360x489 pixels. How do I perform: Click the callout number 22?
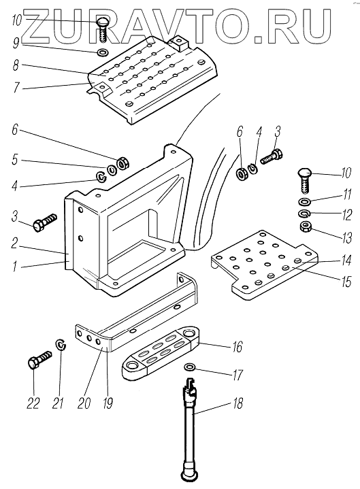pyautogui.click(x=33, y=403)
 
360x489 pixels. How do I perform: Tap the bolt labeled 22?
pyautogui.click(x=39, y=360)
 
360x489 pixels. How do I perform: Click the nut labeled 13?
pyautogui.click(x=304, y=226)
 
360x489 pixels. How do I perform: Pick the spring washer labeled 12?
pyautogui.click(x=303, y=214)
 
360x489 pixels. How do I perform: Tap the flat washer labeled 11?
pyautogui.click(x=303, y=202)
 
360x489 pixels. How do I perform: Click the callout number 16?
pyautogui.click(x=237, y=346)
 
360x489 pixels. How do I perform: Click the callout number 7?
pyautogui.click(x=16, y=87)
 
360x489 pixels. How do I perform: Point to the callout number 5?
pyautogui.click(x=15, y=160)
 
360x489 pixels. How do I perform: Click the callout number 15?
pyautogui.click(x=346, y=282)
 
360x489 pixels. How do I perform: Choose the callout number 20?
pyautogui.click(x=84, y=403)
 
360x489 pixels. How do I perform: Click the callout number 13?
pyautogui.click(x=346, y=238)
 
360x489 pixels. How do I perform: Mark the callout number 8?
pyautogui.click(x=16, y=65)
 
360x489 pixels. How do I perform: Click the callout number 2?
pyautogui.click(x=14, y=243)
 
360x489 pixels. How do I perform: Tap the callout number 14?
pyautogui.click(x=346, y=260)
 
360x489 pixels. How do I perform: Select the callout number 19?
pyautogui.click(x=108, y=403)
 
